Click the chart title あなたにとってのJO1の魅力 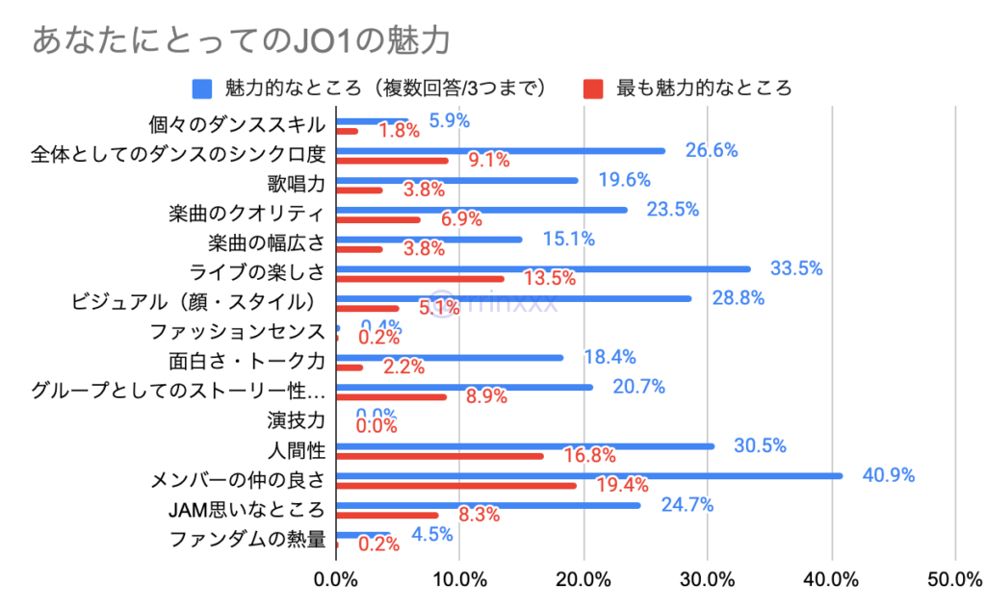coord(242,41)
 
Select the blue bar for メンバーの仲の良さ coord(589,475)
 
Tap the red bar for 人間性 coord(440,456)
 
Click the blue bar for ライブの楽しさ coord(543,268)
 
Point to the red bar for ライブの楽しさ coord(420,279)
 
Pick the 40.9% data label coord(887,475)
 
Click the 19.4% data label coord(622,485)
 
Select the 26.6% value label coord(711,150)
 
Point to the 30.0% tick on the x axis coord(707,579)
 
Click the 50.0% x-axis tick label coord(954,579)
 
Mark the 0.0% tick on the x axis coord(336,579)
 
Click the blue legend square coord(202,89)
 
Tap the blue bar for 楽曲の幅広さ coord(429,240)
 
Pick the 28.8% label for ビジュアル coord(738,298)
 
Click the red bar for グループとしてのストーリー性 coord(391,396)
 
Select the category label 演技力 coord(297,419)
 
